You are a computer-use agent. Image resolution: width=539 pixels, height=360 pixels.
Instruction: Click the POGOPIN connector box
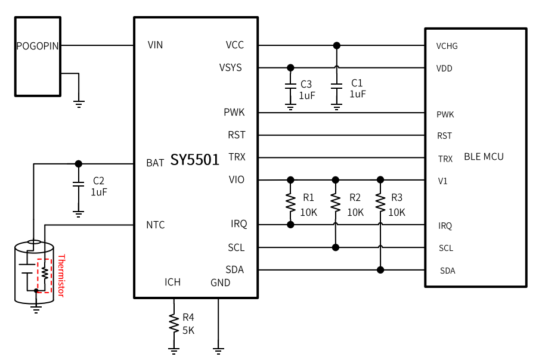click(38, 57)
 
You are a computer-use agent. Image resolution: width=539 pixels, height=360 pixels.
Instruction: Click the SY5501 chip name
click(195, 160)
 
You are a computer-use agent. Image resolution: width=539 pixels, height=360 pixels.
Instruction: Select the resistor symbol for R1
click(290, 202)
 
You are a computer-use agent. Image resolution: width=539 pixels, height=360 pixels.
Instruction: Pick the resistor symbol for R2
click(336, 202)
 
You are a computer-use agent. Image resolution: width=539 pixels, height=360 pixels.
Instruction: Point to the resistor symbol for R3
click(380, 202)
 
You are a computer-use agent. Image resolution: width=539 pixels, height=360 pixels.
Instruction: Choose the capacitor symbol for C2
click(78, 185)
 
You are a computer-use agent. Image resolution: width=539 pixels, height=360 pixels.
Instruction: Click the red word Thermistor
click(61, 275)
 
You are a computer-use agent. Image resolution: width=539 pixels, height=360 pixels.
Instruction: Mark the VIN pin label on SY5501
click(155, 45)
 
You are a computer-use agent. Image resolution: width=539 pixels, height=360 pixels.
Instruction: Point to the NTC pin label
click(156, 225)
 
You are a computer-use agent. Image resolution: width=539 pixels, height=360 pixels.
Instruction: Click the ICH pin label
click(173, 282)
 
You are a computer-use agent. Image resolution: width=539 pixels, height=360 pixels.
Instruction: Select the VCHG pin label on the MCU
click(447, 46)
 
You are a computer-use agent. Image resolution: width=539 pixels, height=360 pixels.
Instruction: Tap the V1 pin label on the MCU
click(442, 181)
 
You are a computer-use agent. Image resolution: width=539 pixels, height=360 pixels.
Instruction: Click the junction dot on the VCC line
click(337, 45)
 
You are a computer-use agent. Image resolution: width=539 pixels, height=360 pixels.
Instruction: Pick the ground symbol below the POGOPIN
click(79, 104)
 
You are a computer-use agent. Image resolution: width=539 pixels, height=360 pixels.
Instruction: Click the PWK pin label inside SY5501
click(234, 112)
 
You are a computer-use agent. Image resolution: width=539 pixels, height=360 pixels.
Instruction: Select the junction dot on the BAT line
click(78, 163)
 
